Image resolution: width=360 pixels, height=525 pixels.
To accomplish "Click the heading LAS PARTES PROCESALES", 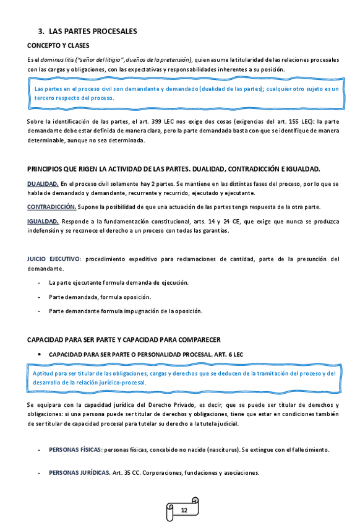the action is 92,31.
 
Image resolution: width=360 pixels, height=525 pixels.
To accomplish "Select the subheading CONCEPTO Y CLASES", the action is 58,46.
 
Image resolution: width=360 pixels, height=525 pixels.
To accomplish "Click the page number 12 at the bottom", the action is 184,510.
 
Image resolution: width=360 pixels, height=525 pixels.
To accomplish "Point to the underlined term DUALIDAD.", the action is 43,184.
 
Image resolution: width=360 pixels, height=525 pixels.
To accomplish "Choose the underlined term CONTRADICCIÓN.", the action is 51,206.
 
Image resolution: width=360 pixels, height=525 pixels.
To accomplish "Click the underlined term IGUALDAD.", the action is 43,221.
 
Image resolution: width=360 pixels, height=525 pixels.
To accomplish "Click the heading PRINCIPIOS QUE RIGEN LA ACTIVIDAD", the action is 173,169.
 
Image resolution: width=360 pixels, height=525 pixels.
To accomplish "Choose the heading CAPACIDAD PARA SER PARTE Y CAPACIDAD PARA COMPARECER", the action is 124,340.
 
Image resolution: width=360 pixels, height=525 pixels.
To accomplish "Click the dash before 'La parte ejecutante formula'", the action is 40,283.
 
